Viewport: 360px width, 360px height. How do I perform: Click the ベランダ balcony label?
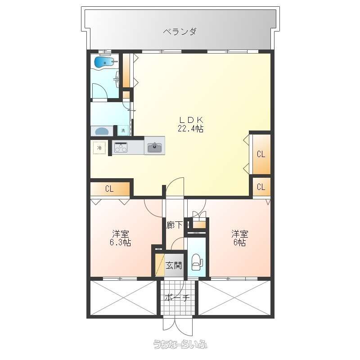(x=180, y=31)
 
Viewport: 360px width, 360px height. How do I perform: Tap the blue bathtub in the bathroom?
(x=104, y=62)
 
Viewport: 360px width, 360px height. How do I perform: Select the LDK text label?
(x=191, y=120)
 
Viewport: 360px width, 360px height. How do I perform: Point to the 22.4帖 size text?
(x=190, y=129)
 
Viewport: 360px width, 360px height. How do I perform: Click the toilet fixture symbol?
(x=197, y=262)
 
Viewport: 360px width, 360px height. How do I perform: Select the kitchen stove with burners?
(x=121, y=147)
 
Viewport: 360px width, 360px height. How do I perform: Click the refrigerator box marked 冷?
(x=99, y=148)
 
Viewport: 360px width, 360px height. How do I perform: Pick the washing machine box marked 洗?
(x=123, y=130)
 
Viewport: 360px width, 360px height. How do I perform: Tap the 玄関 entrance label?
(x=174, y=265)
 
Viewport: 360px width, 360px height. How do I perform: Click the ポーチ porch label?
(x=177, y=298)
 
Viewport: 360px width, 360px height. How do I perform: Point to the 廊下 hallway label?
(x=175, y=225)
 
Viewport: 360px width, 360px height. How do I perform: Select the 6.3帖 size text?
(x=120, y=243)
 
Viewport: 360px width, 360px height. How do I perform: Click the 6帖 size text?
(x=240, y=243)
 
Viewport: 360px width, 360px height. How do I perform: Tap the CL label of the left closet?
(x=109, y=189)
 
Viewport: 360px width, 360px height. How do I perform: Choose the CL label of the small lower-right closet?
(x=261, y=187)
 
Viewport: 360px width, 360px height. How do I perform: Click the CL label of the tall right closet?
(x=261, y=154)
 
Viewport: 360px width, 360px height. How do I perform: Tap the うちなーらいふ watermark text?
(x=180, y=344)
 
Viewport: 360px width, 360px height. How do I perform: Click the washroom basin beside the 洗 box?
(x=102, y=131)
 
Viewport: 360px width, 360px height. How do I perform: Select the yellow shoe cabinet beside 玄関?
(x=160, y=265)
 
